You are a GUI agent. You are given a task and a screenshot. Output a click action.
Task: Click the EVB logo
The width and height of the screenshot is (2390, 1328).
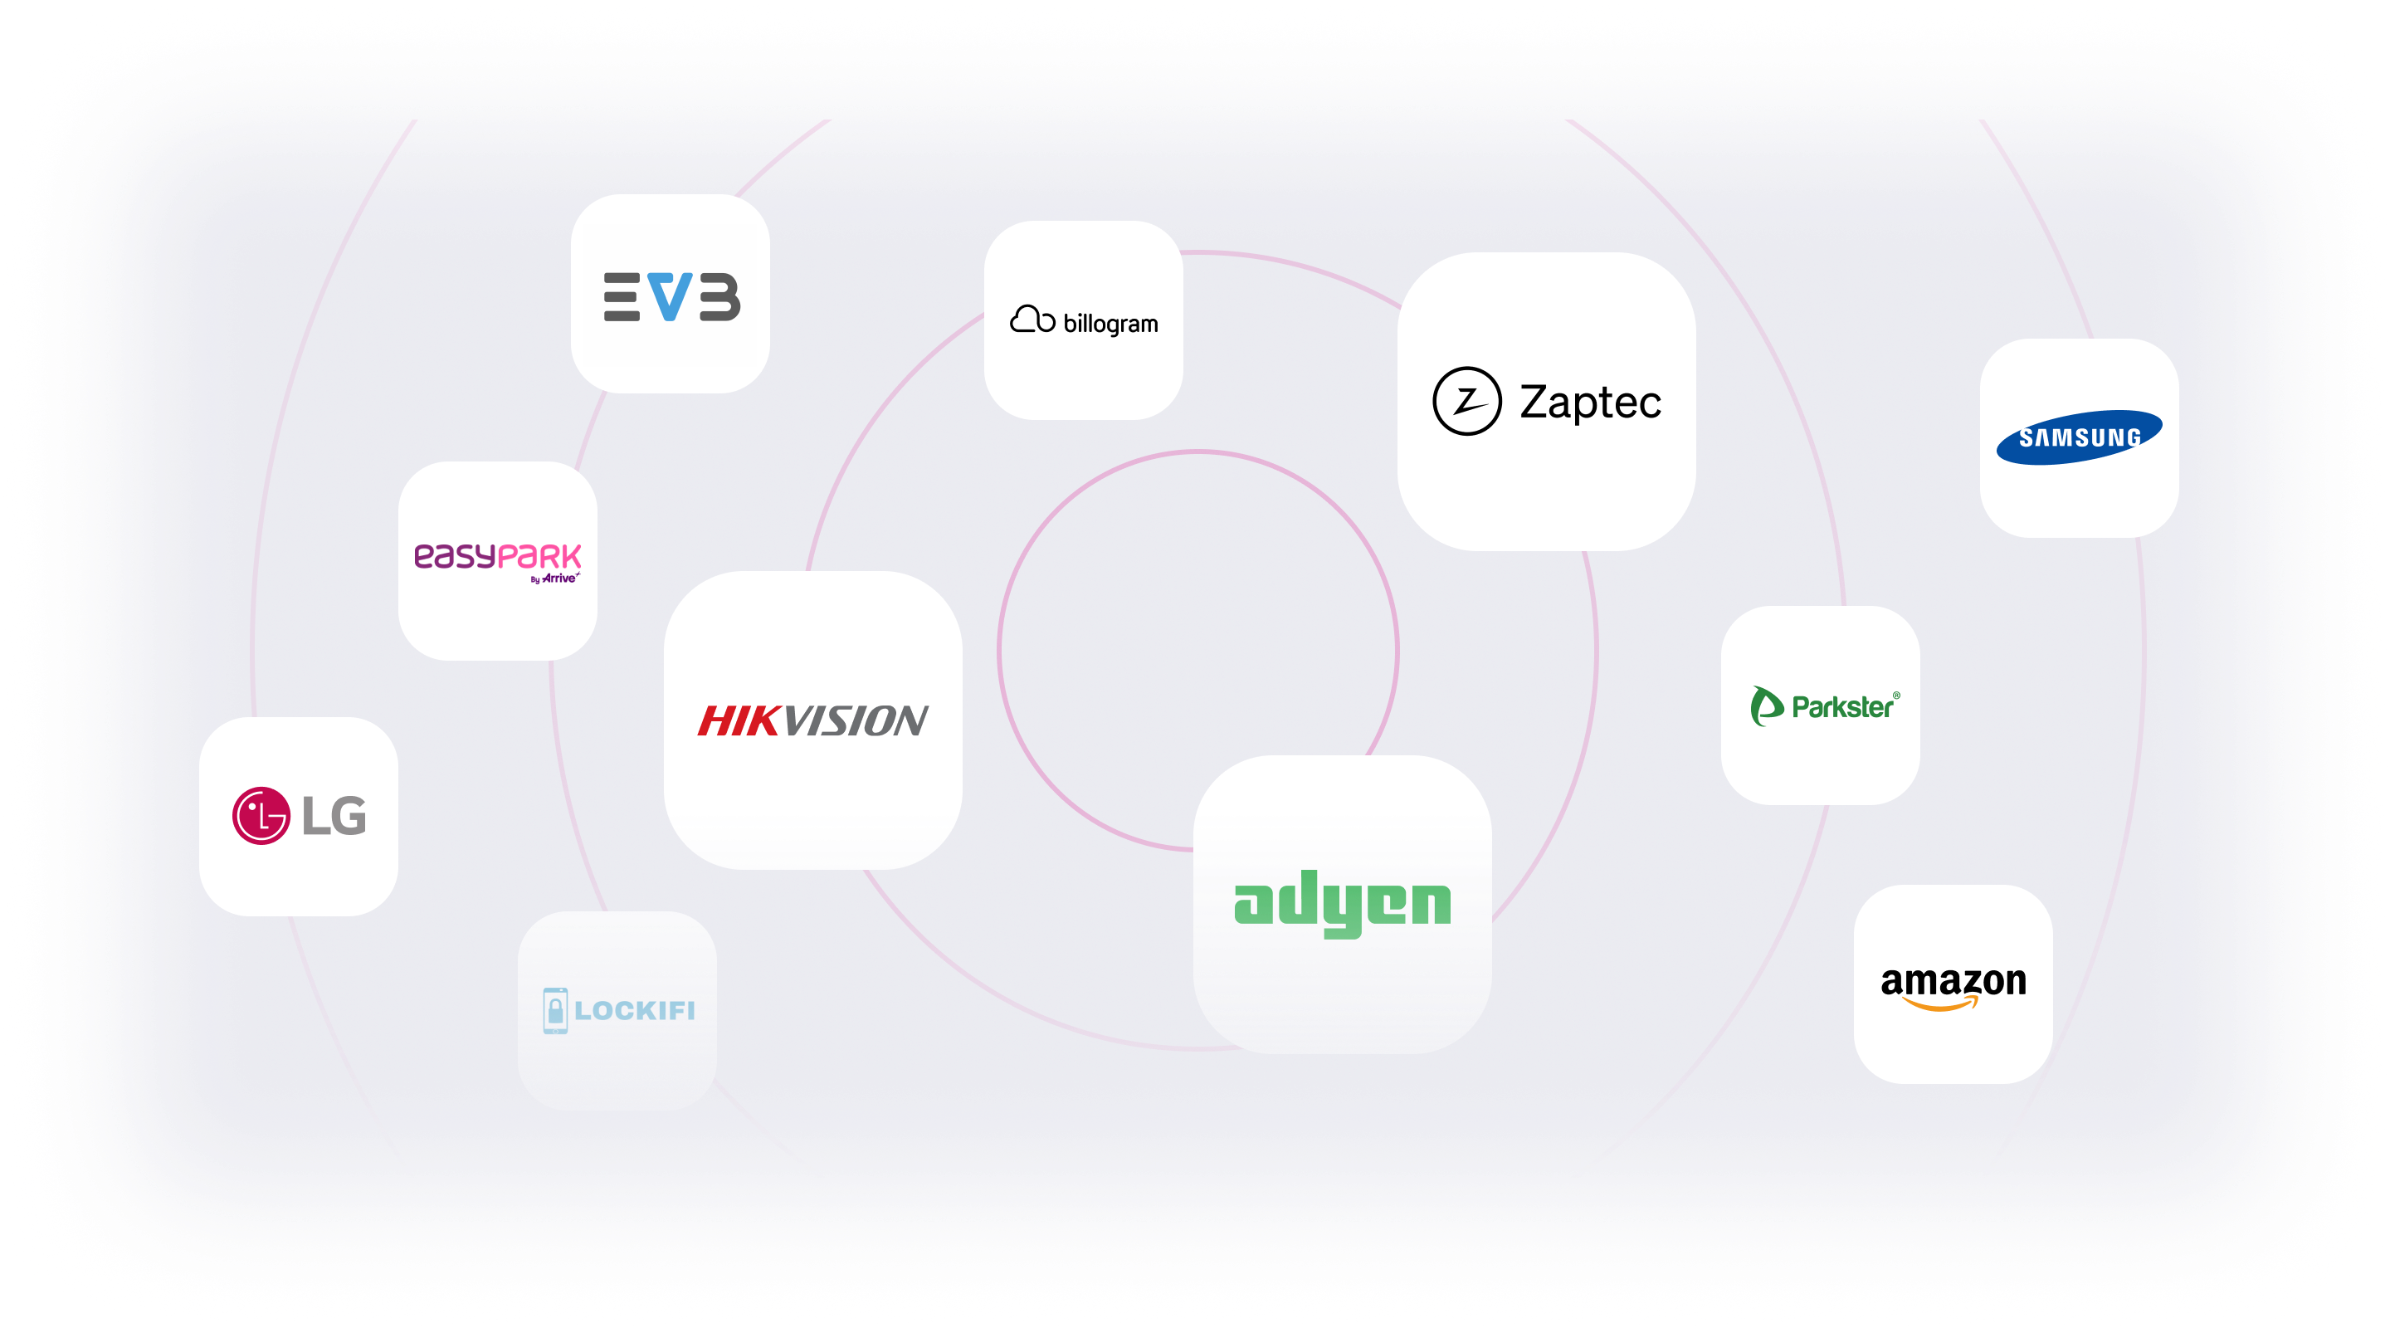click(x=671, y=296)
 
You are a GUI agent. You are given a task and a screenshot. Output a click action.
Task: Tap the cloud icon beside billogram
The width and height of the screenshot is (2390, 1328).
click(x=1032, y=320)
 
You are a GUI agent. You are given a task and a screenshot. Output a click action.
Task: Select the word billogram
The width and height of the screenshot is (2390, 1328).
click(x=1110, y=324)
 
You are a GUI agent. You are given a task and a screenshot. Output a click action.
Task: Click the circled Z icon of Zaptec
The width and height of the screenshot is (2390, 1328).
click(x=1466, y=401)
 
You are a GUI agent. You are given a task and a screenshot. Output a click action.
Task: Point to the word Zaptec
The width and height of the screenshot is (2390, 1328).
click(x=1590, y=402)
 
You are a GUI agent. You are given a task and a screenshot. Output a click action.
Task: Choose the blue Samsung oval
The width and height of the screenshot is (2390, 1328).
click(x=2078, y=437)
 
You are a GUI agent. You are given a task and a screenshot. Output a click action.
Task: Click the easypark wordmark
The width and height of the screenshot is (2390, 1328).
click(x=497, y=555)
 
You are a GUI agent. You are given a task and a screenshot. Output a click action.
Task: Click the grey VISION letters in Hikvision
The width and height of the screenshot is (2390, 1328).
click(x=856, y=721)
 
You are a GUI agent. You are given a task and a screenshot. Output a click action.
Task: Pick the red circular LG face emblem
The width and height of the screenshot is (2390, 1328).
click(x=261, y=816)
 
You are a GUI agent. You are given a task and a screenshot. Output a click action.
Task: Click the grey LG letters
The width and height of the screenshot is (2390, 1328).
click(x=334, y=816)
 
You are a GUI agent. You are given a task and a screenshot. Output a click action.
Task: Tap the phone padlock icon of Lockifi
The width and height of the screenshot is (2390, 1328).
click(x=555, y=1011)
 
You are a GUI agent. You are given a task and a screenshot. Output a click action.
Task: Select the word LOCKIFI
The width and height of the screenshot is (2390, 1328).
click(x=635, y=1011)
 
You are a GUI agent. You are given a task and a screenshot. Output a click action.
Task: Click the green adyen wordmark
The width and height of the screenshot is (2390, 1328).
click(x=1342, y=903)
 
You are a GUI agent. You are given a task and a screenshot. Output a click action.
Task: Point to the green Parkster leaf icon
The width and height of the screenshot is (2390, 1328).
click(x=1766, y=706)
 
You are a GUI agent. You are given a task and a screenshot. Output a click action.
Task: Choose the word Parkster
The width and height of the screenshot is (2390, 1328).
click(x=1842, y=707)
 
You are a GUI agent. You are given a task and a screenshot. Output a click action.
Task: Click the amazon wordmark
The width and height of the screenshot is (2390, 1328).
click(x=1953, y=980)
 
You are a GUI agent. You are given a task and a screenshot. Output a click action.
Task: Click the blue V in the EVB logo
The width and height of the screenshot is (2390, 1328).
click(x=670, y=296)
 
